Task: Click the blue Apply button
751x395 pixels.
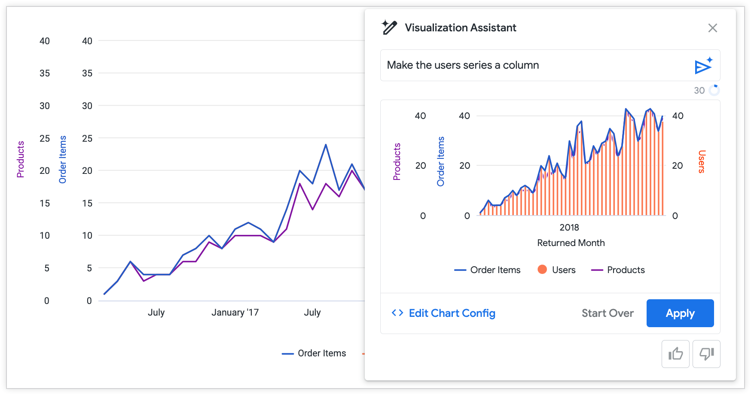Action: pyautogui.click(x=680, y=313)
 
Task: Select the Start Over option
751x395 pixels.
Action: pyautogui.click(x=607, y=313)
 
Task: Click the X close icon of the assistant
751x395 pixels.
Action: pyautogui.click(x=712, y=28)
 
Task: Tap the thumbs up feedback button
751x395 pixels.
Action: pyautogui.click(x=675, y=354)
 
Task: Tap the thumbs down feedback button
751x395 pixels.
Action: pyautogui.click(x=706, y=354)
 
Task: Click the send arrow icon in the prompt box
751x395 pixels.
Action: pyautogui.click(x=703, y=66)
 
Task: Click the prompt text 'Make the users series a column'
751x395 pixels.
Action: pyautogui.click(x=463, y=65)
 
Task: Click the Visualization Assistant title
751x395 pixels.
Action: pyautogui.click(x=460, y=28)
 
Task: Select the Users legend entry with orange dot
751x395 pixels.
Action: pyautogui.click(x=556, y=270)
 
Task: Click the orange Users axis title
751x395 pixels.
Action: pyautogui.click(x=701, y=161)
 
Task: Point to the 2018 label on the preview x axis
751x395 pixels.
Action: pyautogui.click(x=569, y=227)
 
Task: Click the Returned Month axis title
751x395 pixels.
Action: pyautogui.click(x=571, y=243)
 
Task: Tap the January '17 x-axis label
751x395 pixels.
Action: pyautogui.click(x=235, y=312)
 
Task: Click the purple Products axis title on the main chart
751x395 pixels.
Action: pyautogui.click(x=20, y=159)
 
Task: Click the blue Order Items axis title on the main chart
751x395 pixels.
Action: pyautogui.click(x=63, y=159)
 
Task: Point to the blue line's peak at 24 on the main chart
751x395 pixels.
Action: pyautogui.click(x=326, y=145)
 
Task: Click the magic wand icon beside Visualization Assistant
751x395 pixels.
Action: pyautogui.click(x=389, y=27)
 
